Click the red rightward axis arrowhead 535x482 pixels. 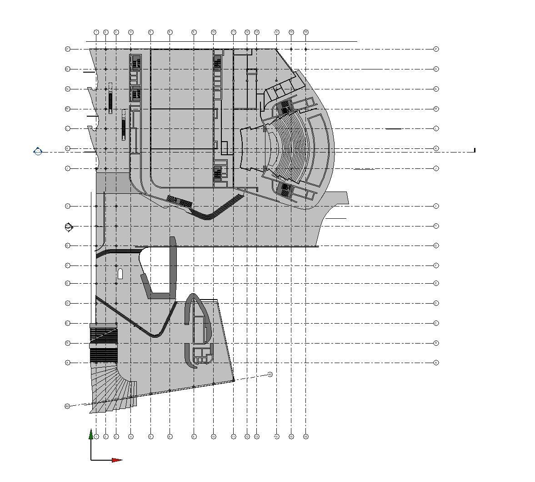117,460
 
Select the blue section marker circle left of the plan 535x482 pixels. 38,151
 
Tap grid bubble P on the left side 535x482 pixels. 68,49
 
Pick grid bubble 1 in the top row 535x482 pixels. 96,32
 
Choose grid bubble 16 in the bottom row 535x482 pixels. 306,437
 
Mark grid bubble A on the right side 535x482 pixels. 436,363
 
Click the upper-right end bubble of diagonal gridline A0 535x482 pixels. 270,374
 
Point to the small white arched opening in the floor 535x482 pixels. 120,273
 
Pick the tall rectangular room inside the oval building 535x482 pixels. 199,330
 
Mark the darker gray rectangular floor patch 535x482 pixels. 113,182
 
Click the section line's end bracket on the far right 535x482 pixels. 475,150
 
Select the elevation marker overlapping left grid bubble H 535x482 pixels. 69,226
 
